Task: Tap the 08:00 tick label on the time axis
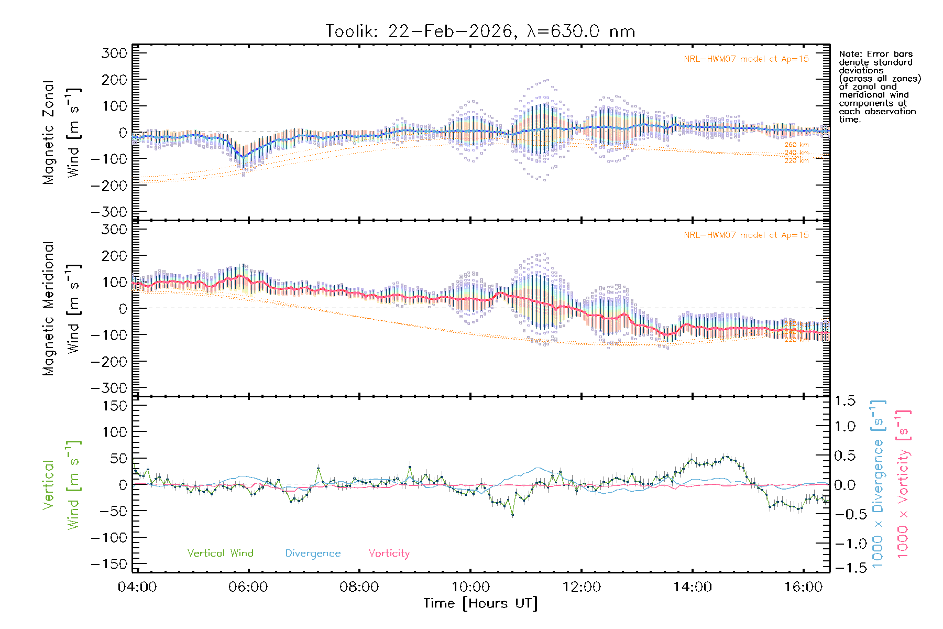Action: (x=359, y=587)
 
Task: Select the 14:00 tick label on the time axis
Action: (x=692, y=587)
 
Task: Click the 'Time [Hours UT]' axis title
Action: (x=480, y=603)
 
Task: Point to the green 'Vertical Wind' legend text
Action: (x=220, y=553)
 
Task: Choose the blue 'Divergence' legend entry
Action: (x=313, y=553)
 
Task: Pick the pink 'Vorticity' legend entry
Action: (x=389, y=553)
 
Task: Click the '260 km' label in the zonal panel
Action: (x=796, y=145)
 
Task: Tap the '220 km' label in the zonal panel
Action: (x=796, y=161)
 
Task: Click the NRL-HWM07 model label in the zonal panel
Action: (x=746, y=59)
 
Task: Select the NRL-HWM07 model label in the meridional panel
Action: (x=746, y=235)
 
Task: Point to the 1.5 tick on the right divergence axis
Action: (x=845, y=401)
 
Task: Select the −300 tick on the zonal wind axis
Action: (x=109, y=212)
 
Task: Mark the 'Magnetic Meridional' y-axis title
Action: (x=48, y=309)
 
